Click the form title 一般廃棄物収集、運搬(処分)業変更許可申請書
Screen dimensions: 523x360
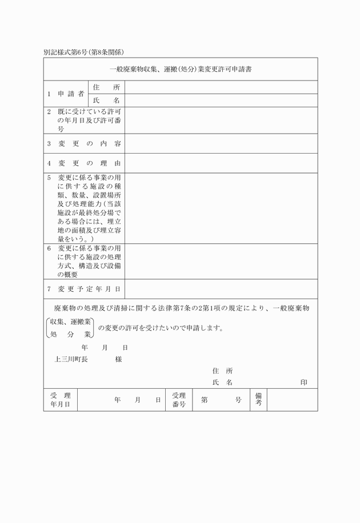click(x=181, y=70)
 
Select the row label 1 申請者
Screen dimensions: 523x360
click(x=66, y=94)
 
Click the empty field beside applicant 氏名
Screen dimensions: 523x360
click(x=221, y=100)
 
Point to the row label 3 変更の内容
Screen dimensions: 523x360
click(x=83, y=143)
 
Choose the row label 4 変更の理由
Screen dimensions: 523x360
click(x=83, y=163)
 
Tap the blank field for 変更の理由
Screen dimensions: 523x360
click(x=221, y=163)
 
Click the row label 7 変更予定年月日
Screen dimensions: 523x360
click(x=83, y=289)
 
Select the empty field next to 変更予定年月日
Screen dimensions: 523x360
click(x=221, y=289)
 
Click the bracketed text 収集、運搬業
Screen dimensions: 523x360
click(x=70, y=322)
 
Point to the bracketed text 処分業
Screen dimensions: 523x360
click(x=70, y=334)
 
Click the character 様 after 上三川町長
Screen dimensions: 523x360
click(x=118, y=360)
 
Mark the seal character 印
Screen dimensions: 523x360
click(x=304, y=383)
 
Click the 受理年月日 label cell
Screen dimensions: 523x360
click(x=60, y=400)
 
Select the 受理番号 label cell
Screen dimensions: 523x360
click(x=179, y=400)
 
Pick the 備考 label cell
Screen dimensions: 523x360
click(x=258, y=400)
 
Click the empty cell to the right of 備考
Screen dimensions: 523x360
click(x=292, y=400)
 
